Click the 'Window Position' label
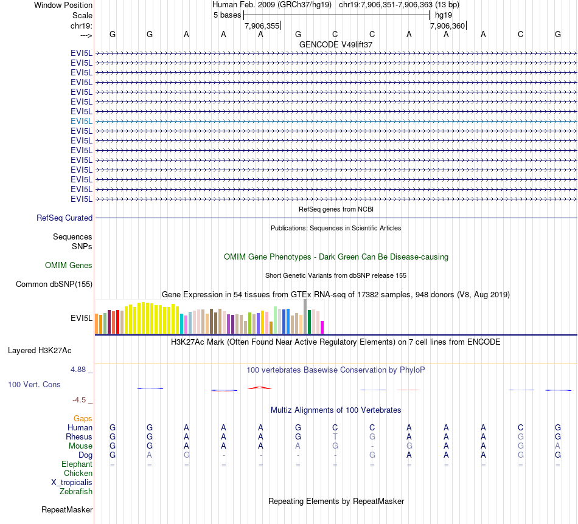63,5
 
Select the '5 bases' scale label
227,15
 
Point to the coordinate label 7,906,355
262,26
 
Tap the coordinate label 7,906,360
447,26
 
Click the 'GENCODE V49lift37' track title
336,45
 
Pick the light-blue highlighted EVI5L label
82,121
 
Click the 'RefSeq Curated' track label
64,218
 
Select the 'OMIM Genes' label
69,265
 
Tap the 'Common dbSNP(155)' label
54,284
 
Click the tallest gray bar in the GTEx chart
305,316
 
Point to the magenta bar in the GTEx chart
322,328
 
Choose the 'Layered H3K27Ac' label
40,350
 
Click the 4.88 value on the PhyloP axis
80,369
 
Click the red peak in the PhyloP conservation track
260,387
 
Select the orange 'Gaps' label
83,418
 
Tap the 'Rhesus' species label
79,436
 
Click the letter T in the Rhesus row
335,436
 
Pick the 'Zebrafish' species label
76,491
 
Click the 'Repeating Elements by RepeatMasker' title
336,501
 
